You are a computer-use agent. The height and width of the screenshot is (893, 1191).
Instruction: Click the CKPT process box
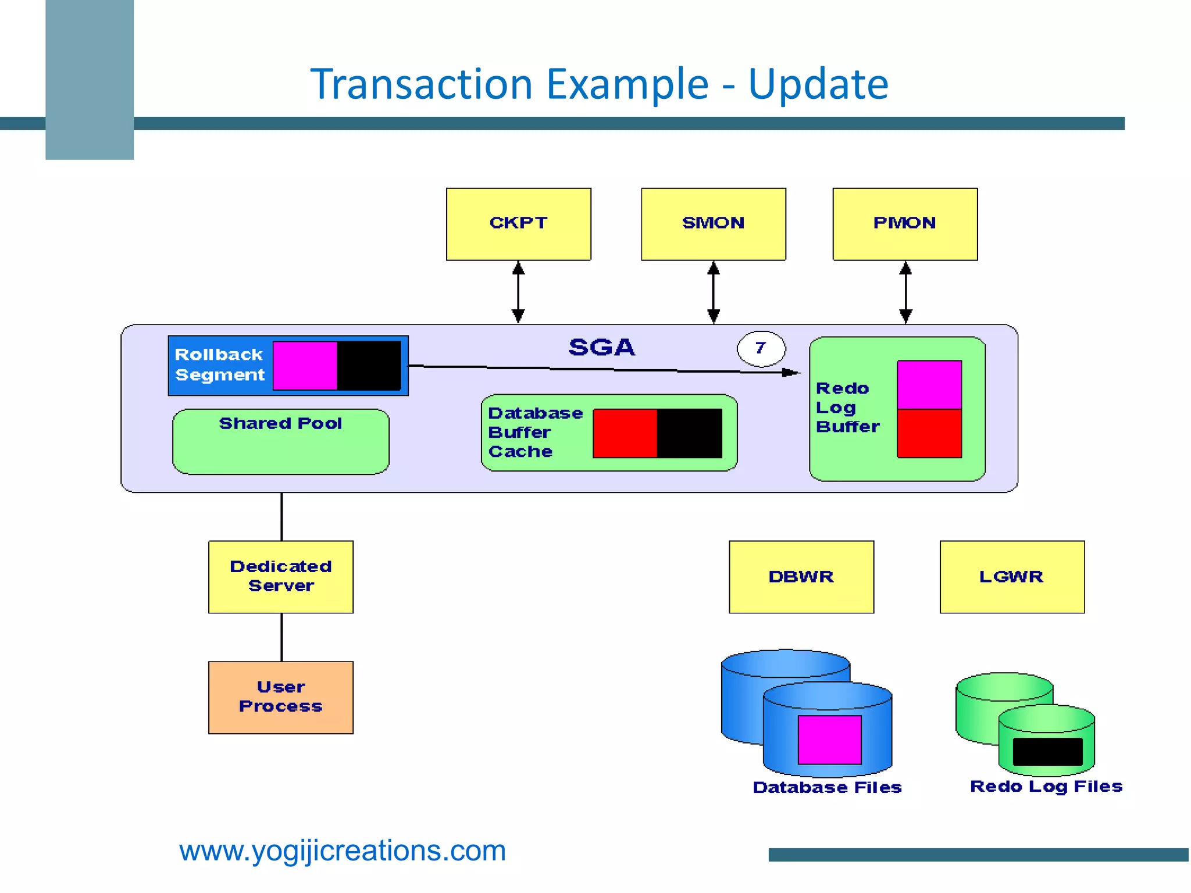518,224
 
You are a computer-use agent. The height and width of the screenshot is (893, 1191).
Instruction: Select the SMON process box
713,224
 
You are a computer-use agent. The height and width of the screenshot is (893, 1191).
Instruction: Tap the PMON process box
904,224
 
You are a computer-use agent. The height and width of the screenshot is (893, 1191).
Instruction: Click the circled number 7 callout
761,348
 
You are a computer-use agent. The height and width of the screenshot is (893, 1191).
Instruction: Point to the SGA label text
601,347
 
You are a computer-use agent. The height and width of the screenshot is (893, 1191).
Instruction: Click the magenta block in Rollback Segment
305,365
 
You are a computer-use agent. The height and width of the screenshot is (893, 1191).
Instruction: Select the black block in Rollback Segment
369,365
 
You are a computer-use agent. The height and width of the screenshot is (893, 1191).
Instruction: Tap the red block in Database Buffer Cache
625,433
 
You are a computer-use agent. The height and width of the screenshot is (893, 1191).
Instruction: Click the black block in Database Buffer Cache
689,433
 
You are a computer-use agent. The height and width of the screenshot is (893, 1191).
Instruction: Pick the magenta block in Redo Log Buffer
929,384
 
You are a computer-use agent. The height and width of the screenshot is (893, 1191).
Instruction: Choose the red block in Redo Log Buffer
929,433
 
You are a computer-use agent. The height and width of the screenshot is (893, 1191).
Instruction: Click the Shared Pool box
280,442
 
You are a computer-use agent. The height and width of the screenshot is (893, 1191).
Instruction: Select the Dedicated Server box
280,576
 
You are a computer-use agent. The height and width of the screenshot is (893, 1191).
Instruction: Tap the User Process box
280,697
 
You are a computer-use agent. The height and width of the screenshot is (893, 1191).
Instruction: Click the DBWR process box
801,576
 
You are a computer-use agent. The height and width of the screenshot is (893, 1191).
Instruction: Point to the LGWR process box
1011,576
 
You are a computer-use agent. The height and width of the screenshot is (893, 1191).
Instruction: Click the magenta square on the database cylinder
829,740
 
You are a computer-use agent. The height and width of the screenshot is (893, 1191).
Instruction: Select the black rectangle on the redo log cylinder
1047,752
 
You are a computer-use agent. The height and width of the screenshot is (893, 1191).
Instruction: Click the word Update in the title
818,84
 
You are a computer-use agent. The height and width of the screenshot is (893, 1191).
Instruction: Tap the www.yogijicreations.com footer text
342,851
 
